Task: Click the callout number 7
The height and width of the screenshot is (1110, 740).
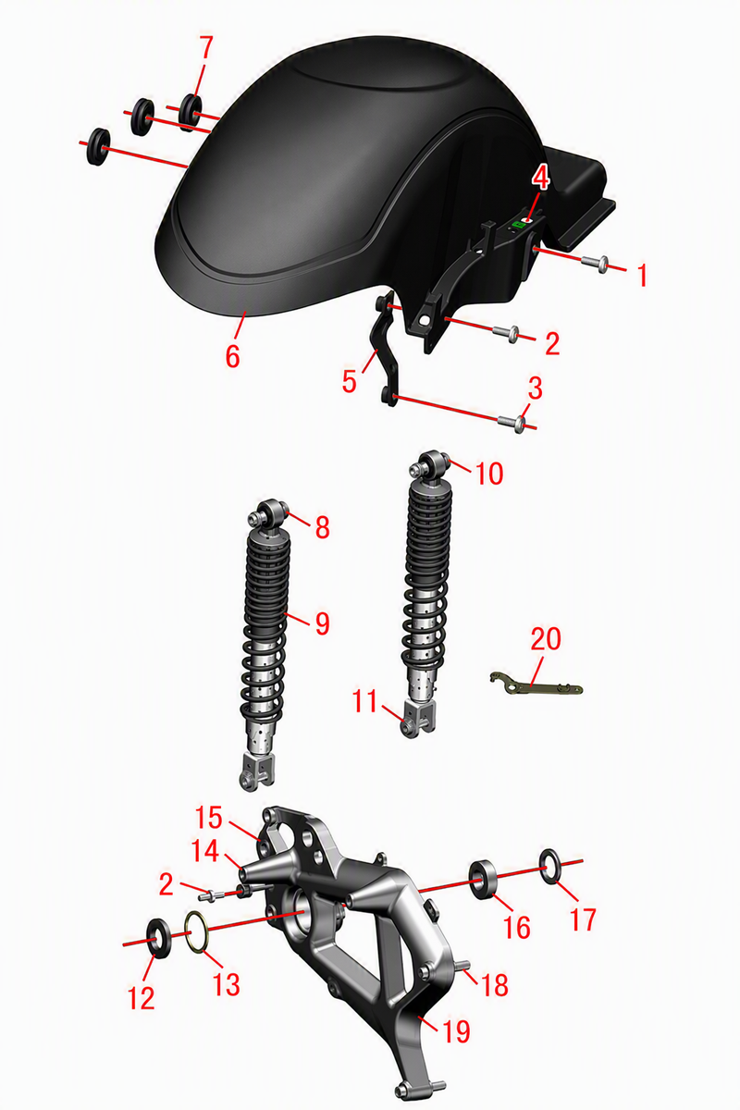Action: coord(205,47)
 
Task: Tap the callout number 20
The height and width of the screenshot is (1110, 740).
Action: coord(546,639)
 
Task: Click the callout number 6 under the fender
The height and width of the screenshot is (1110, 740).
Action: coord(232,355)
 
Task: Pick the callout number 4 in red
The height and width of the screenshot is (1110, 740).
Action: coord(542,178)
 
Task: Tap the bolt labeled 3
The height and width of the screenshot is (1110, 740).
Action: coord(513,423)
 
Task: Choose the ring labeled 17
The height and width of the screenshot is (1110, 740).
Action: coord(549,866)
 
